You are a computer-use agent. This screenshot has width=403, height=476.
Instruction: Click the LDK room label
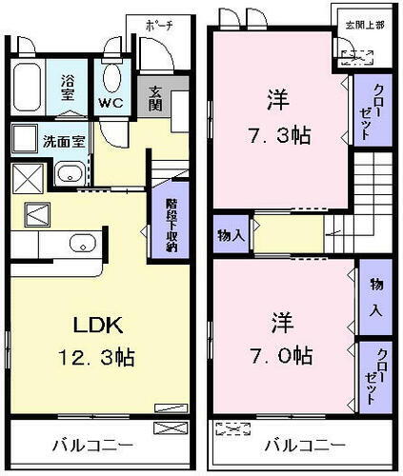(98, 326)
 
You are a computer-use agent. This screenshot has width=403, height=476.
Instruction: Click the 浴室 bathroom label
(70, 81)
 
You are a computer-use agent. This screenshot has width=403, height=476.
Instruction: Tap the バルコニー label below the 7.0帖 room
(302, 445)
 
